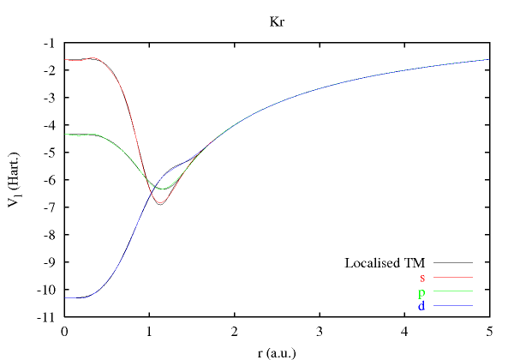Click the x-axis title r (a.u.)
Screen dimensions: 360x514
(277, 351)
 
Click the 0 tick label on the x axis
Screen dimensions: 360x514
(64, 330)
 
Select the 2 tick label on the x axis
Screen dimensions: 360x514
(234, 330)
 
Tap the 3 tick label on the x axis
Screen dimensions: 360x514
(319, 330)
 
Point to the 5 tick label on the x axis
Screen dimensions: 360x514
(488, 330)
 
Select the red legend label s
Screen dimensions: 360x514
(422, 277)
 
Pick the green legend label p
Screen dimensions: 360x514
(422, 292)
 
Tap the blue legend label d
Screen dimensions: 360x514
(422, 306)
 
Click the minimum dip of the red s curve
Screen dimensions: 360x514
(159, 204)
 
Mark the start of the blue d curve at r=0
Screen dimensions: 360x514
(65, 297)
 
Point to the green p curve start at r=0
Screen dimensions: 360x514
(65, 134)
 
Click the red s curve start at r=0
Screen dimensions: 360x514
(65, 60)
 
